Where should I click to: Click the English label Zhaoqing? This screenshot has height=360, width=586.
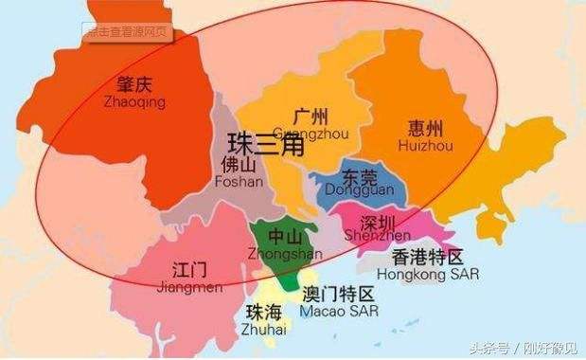133,100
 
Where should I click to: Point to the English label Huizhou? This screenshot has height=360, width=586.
427,146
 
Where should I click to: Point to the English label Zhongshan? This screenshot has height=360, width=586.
284,253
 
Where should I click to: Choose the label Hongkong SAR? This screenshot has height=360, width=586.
428,274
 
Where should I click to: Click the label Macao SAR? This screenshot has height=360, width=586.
338,310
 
